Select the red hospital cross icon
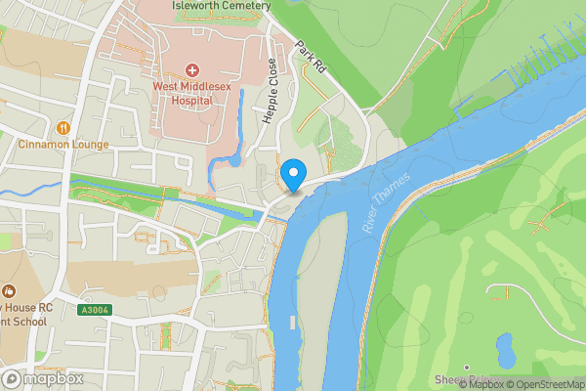[191, 70]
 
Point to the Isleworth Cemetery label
[220, 6]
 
